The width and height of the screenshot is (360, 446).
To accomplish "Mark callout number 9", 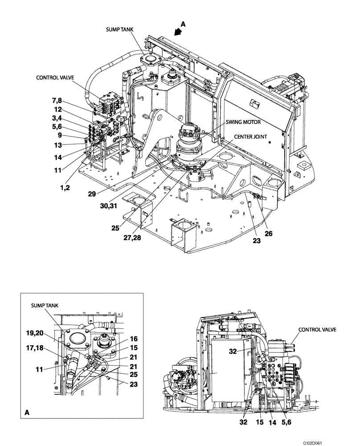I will pos(58,136).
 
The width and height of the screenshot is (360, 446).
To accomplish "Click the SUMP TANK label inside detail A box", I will pos(44,305).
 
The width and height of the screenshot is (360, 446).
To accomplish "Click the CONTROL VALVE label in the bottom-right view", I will pos(317,329).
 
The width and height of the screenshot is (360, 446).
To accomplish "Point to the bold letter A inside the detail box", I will pos(27,413).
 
